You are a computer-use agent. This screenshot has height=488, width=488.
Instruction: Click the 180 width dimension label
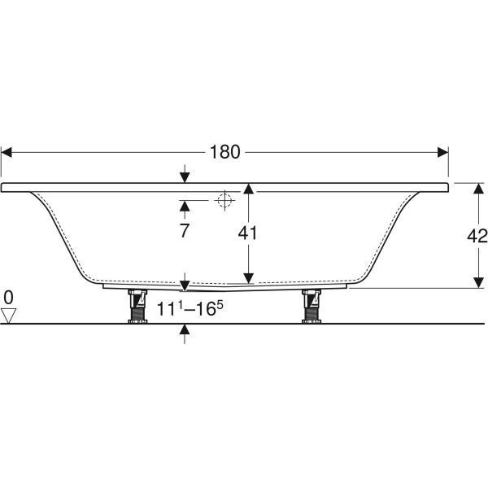coord(224,152)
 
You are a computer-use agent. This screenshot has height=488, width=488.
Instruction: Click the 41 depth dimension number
coord(248,233)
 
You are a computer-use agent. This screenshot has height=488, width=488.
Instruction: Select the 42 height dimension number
coord(477,236)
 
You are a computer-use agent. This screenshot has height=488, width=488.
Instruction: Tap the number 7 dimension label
coord(185,231)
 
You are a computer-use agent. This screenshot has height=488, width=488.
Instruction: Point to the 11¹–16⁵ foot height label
coord(190,309)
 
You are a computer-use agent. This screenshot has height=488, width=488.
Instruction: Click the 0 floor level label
coord(8,297)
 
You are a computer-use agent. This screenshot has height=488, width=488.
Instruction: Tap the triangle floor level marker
coord(8,316)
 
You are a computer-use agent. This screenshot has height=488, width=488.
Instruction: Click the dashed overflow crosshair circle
coord(224,200)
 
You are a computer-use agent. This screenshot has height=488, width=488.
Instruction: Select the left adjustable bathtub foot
coord(137,307)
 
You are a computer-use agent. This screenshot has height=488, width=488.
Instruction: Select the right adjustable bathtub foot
coord(312,307)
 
